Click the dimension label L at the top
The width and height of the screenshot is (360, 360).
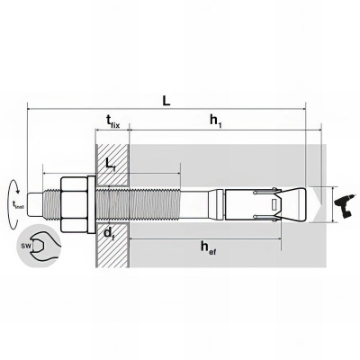(x=166, y=101)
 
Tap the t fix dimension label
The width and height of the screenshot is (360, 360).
(x=112, y=121)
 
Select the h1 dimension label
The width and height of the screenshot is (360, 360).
(x=216, y=121)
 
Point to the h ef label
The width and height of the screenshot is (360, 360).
(x=209, y=248)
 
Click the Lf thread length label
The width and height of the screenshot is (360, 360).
(x=110, y=165)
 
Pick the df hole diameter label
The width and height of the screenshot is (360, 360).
(x=110, y=232)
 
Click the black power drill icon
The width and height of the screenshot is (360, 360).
(x=346, y=205)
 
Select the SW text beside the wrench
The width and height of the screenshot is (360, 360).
(x=24, y=247)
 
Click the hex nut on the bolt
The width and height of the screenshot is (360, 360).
(x=74, y=205)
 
